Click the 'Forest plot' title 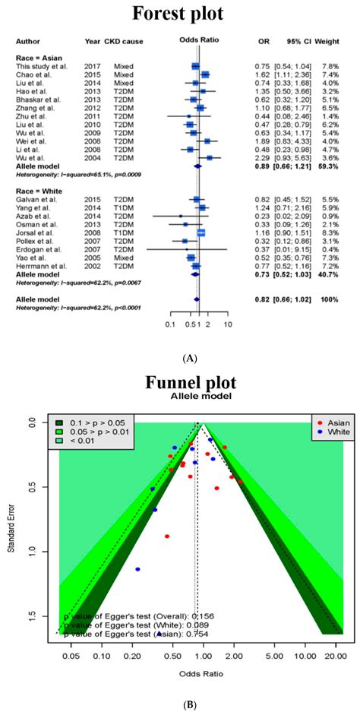pos(179,14)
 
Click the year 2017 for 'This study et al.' pos(94,66)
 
